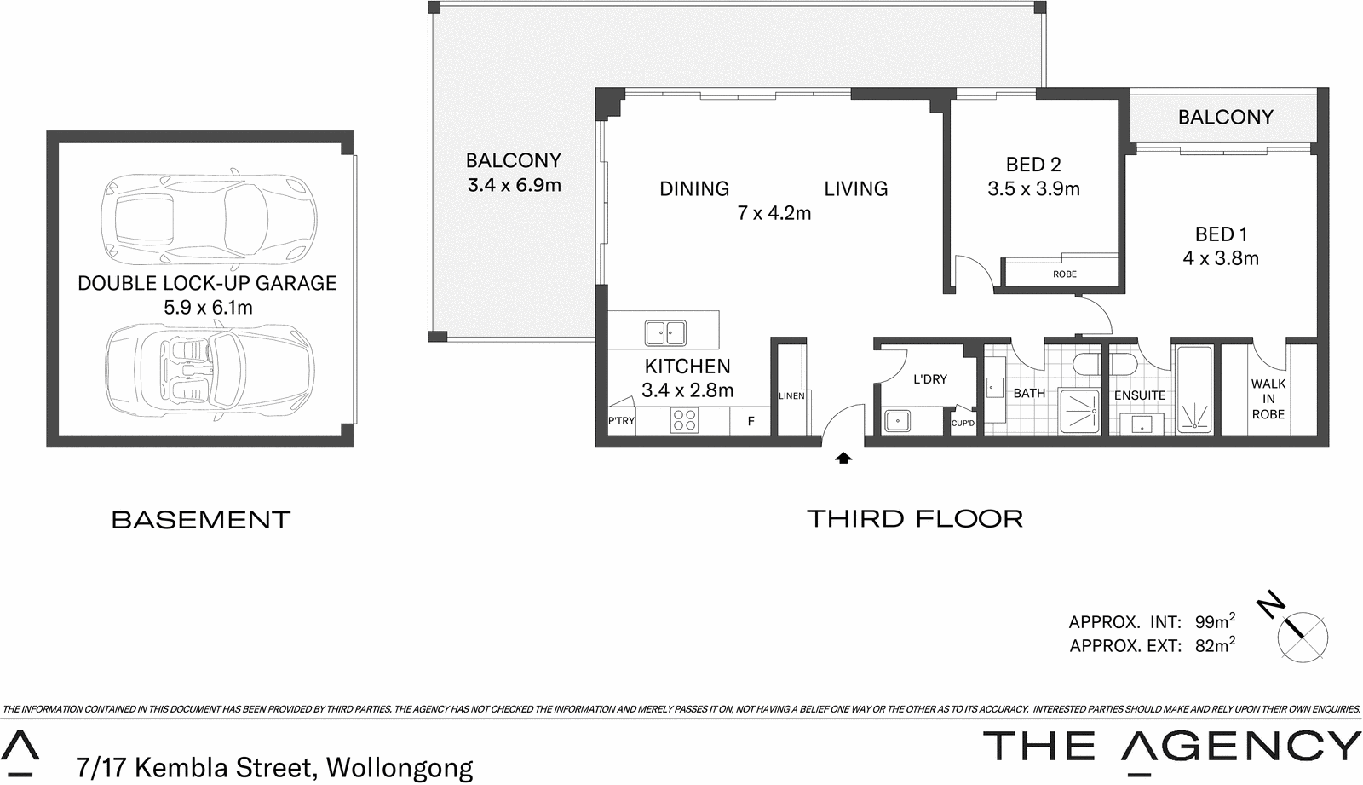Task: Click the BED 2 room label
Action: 1032,165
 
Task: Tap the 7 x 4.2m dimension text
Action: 774,213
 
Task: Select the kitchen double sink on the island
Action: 665,332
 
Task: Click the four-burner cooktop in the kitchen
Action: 684,420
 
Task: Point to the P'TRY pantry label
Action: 621,421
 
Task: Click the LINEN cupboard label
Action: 791,396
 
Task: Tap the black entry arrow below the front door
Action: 843,459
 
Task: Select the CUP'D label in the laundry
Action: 963,424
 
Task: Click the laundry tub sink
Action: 896,420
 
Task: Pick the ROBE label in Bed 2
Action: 1064,274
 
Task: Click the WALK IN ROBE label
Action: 1268,399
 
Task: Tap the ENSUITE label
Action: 1139,395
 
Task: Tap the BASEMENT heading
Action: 201,520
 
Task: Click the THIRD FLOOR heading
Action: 914,518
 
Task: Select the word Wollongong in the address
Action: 399,767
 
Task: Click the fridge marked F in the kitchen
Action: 751,421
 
